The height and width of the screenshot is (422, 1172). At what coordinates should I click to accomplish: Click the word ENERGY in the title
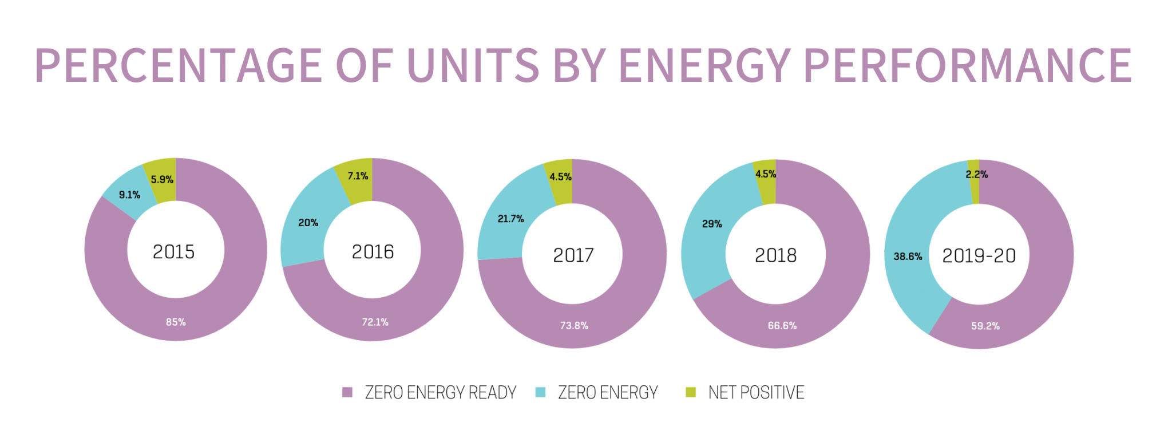tap(704, 65)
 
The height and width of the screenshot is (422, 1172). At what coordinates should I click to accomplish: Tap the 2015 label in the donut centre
tap(173, 252)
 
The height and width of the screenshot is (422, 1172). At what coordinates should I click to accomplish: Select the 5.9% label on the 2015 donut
tap(162, 180)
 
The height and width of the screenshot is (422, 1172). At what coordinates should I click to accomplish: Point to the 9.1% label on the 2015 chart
tap(129, 195)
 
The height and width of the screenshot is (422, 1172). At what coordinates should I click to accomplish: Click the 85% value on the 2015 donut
tap(176, 322)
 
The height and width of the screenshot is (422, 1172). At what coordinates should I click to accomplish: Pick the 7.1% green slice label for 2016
tap(358, 176)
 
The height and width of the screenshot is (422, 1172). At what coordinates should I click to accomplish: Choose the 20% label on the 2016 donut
tap(308, 223)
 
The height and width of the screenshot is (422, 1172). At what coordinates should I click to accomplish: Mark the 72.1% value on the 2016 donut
tap(375, 322)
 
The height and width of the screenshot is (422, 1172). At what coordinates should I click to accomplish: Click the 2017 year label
tap(573, 255)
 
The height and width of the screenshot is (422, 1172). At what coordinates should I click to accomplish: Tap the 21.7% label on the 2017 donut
tap(510, 219)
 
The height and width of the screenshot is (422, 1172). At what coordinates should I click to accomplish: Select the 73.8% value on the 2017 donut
tap(574, 326)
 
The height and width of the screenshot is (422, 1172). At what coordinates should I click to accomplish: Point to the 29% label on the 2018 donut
tap(712, 224)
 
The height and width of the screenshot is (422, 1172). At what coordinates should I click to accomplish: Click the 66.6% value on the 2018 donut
tap(782, 326)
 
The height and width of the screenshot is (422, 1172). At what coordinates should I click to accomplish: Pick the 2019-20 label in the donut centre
tap(979, 256)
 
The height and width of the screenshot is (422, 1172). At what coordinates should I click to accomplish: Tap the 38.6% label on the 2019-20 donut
tap(908, 257)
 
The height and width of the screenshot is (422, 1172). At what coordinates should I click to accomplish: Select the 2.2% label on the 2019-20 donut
tap(976, 175)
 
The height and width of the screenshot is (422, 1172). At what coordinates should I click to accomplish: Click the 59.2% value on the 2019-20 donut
tap(985, 326)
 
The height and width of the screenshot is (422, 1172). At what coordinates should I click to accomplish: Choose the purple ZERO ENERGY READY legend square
tap(347, 392)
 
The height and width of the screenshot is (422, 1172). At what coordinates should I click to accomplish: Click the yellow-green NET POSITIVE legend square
tap(691, 392)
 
